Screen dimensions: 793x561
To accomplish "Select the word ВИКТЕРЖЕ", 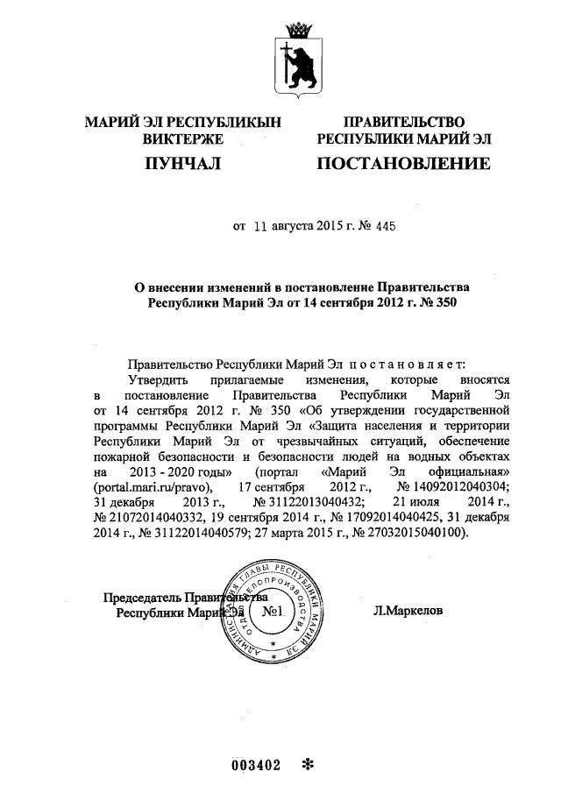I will tap(182, 138).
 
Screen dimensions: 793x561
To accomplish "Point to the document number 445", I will tap(385, 226).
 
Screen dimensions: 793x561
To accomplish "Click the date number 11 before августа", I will tap(263, 226).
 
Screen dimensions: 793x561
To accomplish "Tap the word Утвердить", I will tap(158, 379).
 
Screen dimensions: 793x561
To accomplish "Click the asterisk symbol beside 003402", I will tap(307, 764).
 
